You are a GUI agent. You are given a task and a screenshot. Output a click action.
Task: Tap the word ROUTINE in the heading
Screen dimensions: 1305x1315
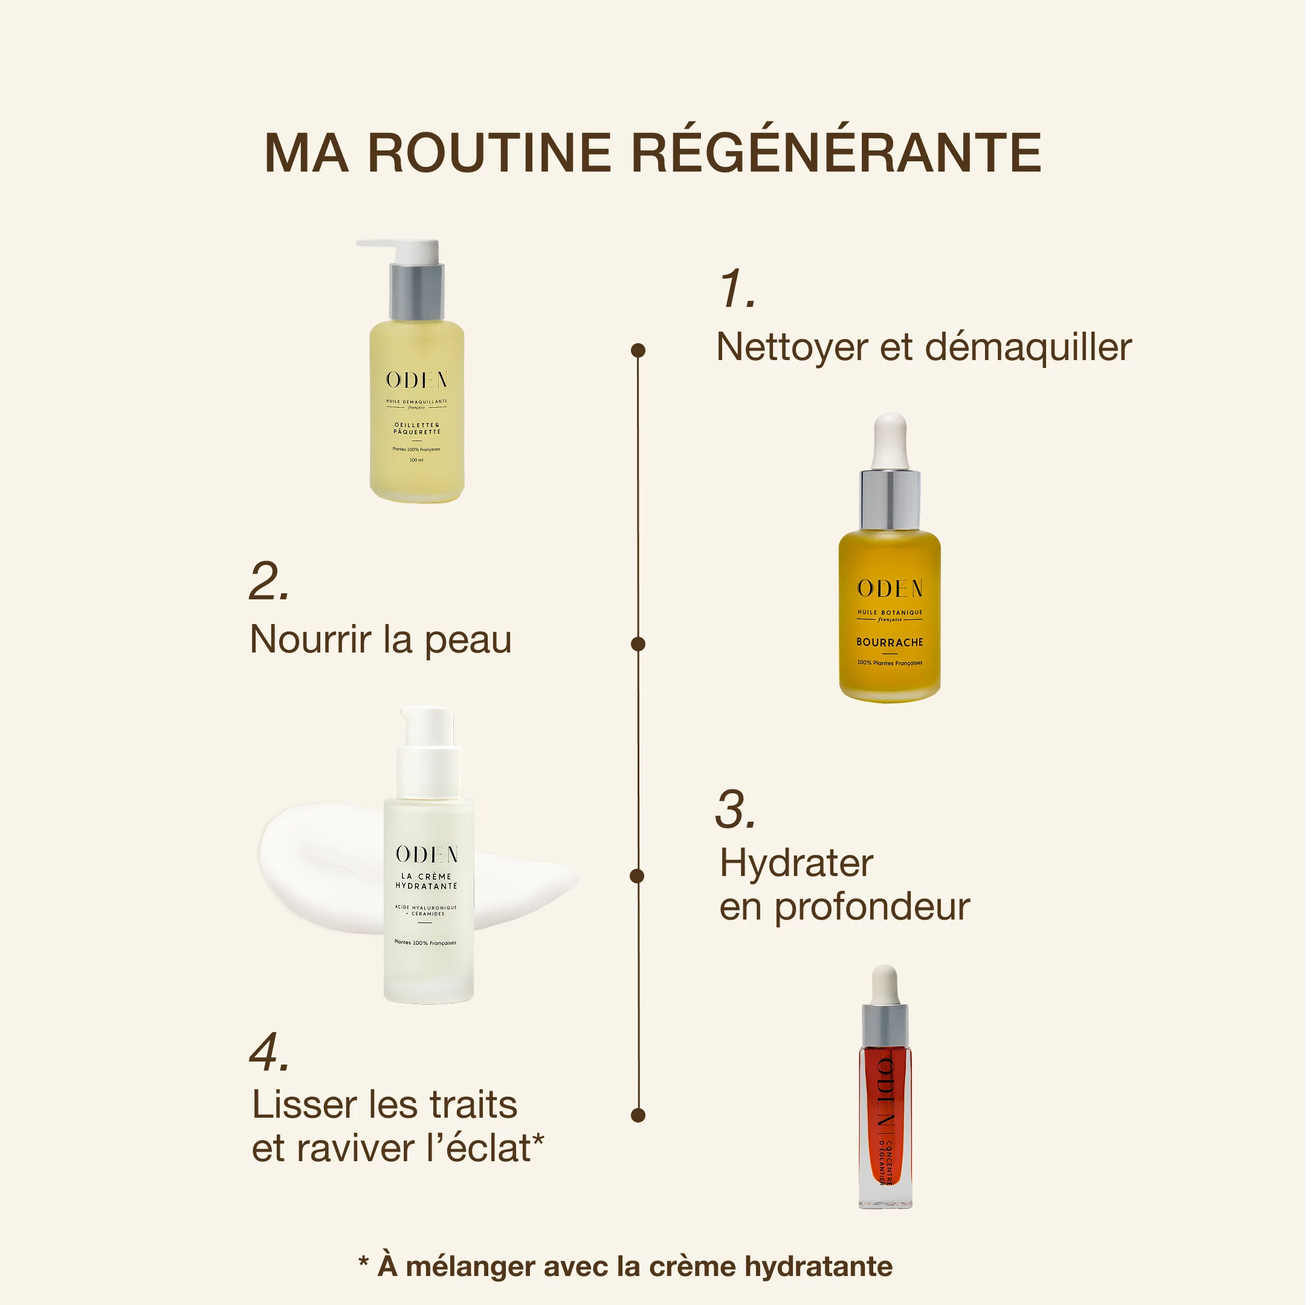[489, 152]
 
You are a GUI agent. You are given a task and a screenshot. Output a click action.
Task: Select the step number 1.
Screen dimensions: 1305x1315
[737, 289]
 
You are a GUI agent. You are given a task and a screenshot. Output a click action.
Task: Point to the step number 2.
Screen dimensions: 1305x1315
[269, 582]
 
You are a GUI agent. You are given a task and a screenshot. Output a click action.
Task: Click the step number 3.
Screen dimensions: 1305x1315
[735, 810]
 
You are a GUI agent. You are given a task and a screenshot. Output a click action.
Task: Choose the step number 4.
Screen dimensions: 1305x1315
[269, 1052]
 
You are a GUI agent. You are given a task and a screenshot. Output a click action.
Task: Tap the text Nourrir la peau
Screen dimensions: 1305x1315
[381, 640]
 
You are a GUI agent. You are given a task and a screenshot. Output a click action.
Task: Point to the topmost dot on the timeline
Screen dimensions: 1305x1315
[638, 350]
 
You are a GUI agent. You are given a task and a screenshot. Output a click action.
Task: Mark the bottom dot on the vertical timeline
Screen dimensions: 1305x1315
[638, 1115]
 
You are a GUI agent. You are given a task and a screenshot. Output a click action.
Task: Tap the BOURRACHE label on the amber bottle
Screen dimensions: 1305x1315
[889, 642]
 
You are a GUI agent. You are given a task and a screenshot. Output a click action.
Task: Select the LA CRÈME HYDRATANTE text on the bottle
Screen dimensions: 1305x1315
[426, 881]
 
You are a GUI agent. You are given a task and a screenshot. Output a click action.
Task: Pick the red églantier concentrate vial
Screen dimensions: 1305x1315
[885, 1116]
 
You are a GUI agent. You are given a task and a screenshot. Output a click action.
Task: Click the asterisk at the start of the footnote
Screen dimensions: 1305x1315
[363, 1263]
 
